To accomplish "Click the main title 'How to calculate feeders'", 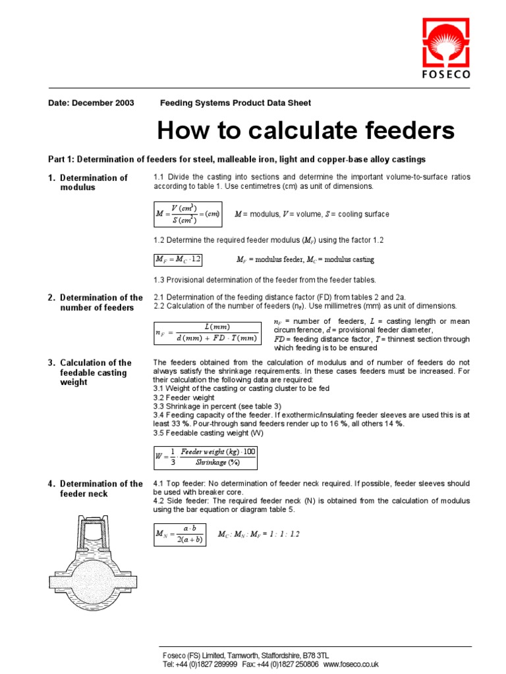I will click(x=306, y=130).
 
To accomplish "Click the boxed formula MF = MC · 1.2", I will click(x=179, y=259).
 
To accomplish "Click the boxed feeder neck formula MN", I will click(x=180, y=534).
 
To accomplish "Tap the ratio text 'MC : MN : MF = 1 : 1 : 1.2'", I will click(x=258, y=534).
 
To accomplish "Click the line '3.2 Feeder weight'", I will click(x=185, y=398).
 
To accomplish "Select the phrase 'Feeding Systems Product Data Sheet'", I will click(x=236, y=103).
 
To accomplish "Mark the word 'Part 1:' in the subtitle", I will click(x=61, y=159).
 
